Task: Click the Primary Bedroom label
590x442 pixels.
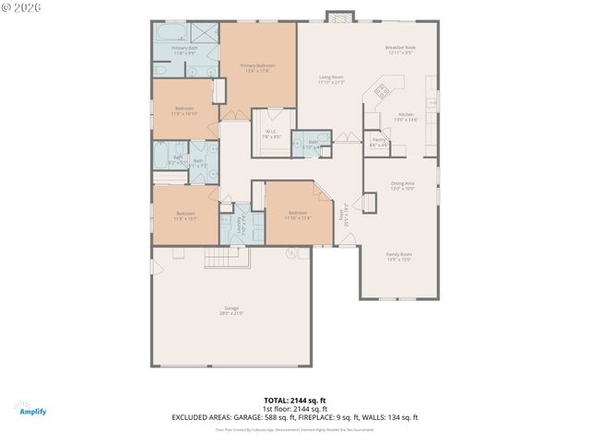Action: point(257,68)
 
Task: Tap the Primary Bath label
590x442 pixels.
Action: point(184,50)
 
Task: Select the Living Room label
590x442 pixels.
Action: point(331,79)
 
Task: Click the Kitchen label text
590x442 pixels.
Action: point(406,117)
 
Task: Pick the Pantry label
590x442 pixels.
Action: point(379,142)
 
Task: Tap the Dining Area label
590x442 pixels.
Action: point(402,185)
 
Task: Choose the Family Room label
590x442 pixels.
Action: point(398,257)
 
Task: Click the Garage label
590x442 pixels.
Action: point(230,310)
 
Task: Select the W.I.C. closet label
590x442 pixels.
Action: point(271,134)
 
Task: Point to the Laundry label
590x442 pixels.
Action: point(242,223)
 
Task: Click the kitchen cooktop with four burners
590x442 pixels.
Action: point(380,90)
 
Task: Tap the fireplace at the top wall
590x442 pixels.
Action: point(339,17)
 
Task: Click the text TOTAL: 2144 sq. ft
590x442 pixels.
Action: point(294,401)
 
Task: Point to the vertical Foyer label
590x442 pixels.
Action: point(346,215)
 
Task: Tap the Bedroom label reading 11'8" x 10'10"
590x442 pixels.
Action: point(184,110)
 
